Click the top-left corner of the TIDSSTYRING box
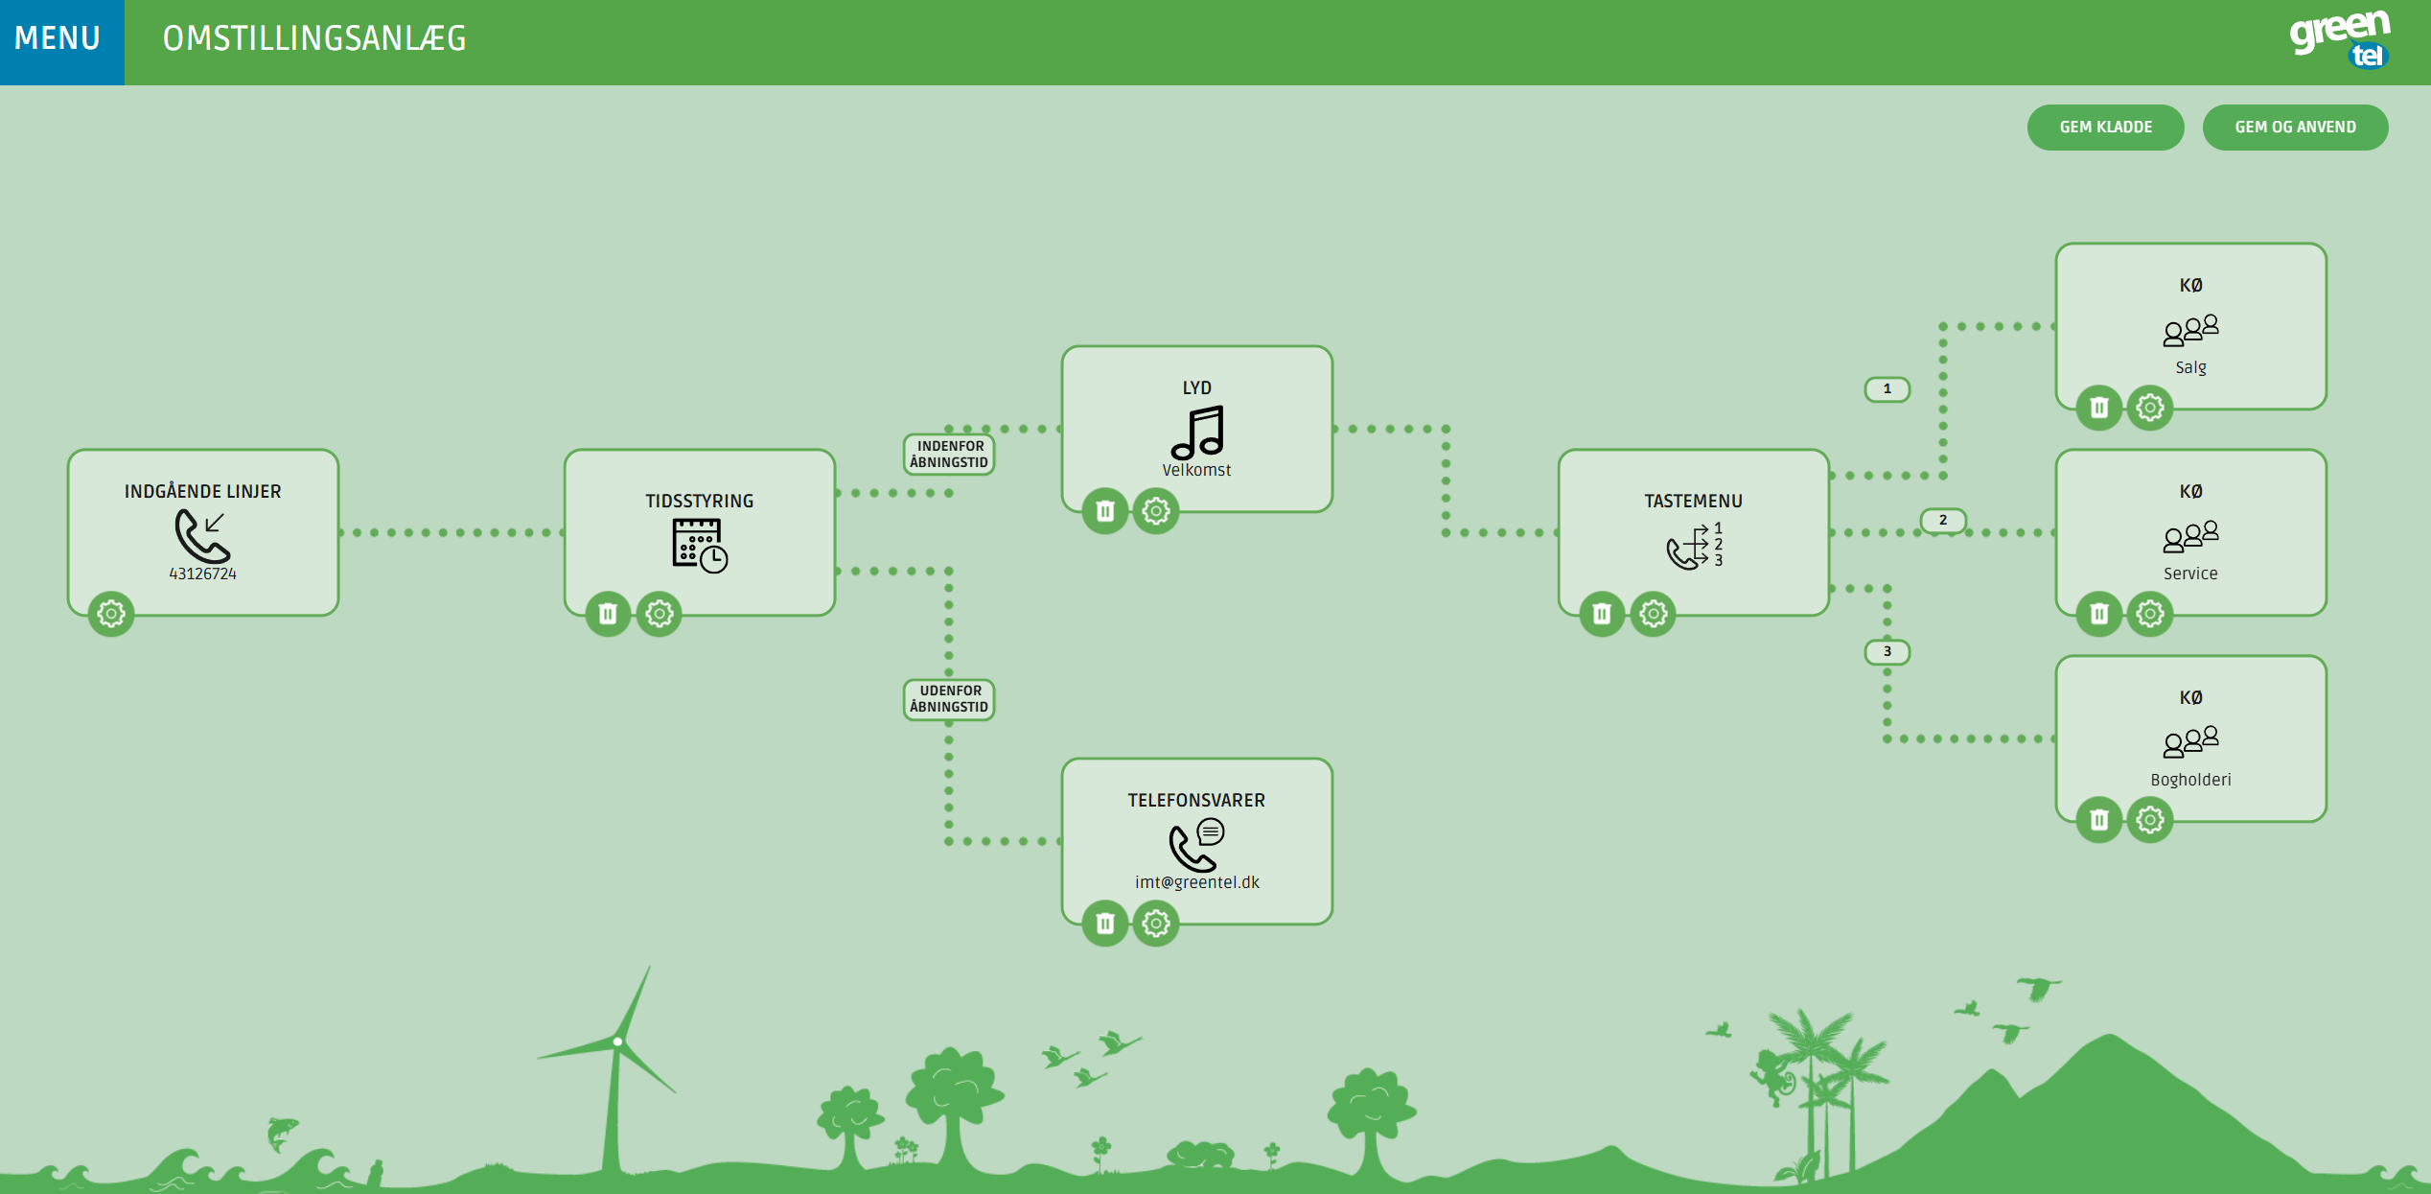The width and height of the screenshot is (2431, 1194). click(x=566, y=450)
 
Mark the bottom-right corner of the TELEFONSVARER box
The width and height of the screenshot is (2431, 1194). click(x=1331, y=924)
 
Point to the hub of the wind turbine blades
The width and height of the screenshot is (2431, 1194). click(x=618, y=1041)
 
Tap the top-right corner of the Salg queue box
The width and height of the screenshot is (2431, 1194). click(x=2326, y=245)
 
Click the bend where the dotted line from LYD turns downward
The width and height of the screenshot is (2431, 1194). click(x=1446, y=429)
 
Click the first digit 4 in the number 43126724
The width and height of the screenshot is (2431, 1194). click(x=174, y=574)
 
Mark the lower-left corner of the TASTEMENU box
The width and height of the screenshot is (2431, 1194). click(x=1560, y=615)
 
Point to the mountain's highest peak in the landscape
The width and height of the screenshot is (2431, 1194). click(x=2109, y=1035)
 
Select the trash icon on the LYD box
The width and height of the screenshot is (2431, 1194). click(x=1105, y=510)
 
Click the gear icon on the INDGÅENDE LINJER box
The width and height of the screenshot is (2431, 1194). click(x=111, y=613)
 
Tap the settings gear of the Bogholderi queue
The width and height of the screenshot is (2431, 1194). click(x=2150, y=819)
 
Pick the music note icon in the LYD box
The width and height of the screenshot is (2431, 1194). click(x=1197, y=433)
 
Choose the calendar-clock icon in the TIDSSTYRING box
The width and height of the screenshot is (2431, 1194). click(x=700, y=545)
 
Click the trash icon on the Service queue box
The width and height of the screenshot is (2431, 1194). click(x=2099, y=613)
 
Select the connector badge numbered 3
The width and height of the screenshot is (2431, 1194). click(x=1887, y=652)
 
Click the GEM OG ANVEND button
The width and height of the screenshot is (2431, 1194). click(x=2295, y=128)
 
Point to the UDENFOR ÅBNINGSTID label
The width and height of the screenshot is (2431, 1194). click(x=949, y=699)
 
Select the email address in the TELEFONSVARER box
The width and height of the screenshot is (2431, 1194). click(x=1197, y=882)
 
